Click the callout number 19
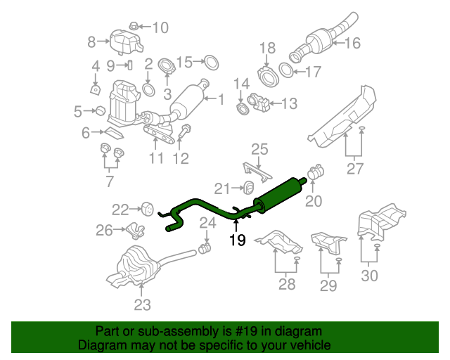237,241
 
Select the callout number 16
352,44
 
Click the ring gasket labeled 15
210,63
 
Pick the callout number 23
142,304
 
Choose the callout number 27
354,169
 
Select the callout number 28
286,284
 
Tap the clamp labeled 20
316,171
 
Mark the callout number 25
259,149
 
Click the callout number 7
110,182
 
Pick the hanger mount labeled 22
147,208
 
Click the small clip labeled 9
130,65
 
